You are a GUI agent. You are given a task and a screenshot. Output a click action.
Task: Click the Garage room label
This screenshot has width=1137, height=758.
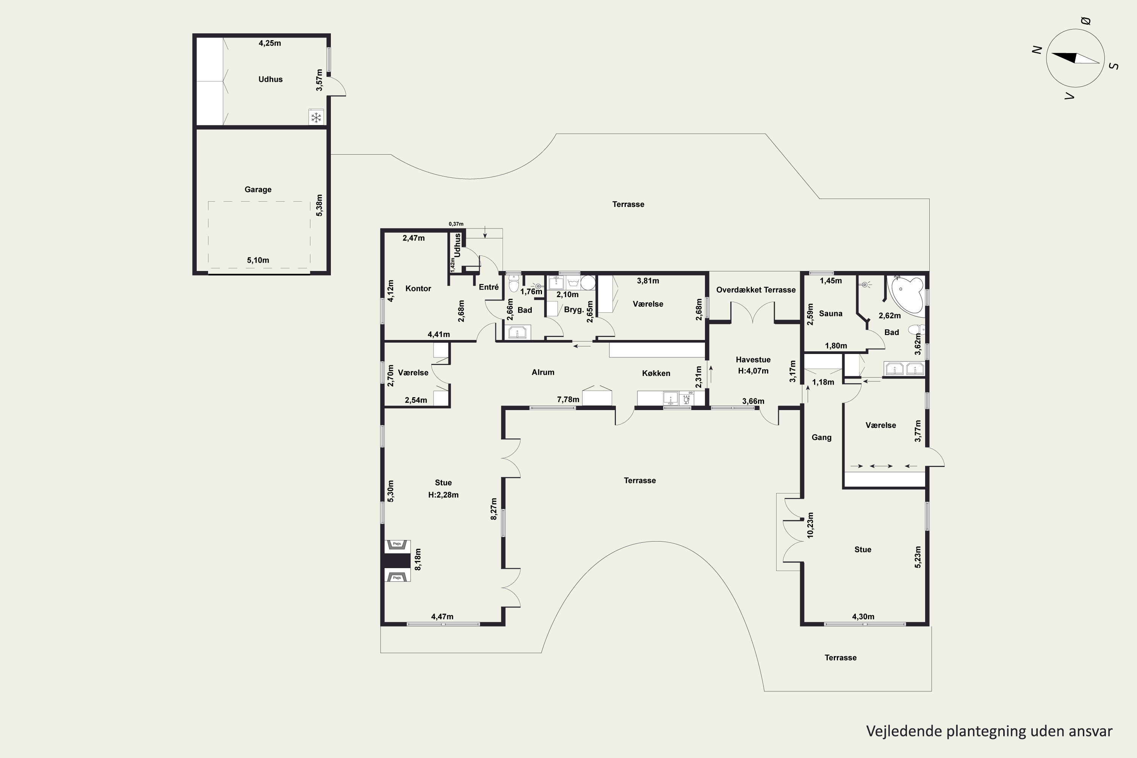point(258,189)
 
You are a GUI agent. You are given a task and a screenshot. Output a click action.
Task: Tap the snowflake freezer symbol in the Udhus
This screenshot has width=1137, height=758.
point(316,117)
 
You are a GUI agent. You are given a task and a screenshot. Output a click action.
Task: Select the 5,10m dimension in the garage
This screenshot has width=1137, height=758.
point(258,260)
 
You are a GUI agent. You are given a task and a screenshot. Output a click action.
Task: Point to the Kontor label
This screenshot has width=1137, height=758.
point(418,288)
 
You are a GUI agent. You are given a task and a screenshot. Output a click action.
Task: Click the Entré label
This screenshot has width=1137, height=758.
point(489,287)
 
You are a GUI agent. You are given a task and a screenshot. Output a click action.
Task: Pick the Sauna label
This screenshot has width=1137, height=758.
point(830,313)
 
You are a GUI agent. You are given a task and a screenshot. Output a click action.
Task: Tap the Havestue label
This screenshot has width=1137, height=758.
point(753,360)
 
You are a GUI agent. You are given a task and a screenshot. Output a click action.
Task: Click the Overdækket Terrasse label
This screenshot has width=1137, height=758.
point(756,290)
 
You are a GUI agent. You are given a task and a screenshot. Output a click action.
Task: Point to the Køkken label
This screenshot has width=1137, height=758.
point(656,373)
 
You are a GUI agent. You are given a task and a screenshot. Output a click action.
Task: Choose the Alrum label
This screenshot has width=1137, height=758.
point(543,372)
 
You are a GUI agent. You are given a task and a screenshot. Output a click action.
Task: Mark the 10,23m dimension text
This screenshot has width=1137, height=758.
point(811,525)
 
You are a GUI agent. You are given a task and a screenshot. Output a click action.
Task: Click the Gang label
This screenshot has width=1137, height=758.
point(821,437)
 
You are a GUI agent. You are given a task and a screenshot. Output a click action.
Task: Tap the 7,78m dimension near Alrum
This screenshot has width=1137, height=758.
point(568,399)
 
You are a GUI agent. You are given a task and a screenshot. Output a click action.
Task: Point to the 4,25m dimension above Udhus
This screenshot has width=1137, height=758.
point(270,43)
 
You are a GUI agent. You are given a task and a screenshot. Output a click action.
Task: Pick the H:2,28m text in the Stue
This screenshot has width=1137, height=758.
point(443,495)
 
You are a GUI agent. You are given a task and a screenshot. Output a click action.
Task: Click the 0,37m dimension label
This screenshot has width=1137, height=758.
point(456,224)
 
